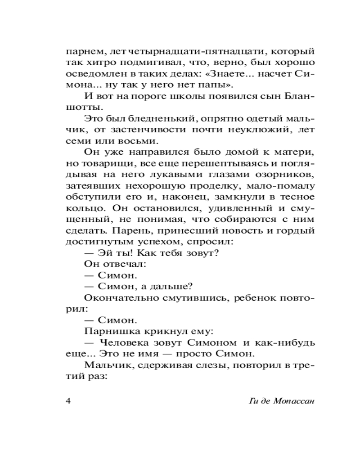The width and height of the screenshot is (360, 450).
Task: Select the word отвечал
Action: tap(118, 264)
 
